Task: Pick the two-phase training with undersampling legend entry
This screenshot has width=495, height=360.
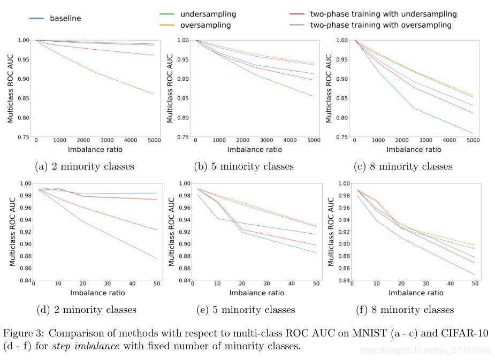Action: tap(383, 14)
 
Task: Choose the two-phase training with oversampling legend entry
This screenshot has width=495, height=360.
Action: tap(380, 25)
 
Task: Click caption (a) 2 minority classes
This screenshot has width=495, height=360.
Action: tap(84, 166)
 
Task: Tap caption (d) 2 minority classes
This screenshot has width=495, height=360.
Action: tap(86, 310)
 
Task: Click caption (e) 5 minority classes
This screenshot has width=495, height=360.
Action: tap(245, 310)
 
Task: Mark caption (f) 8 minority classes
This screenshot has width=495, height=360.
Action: tap(405, 310)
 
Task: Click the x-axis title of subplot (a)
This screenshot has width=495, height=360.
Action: tap(95, 150)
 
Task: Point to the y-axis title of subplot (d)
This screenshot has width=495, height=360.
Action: tap(12, 232)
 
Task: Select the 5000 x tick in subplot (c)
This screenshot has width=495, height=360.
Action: tap(473, 141)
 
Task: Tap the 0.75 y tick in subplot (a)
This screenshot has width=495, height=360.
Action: tap(24, 137)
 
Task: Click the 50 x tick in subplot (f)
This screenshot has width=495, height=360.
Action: tap(474, 285)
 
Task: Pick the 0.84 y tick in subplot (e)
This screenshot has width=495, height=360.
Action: tap(183, 281)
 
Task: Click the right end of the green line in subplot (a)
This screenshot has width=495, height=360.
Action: tap(154, 94)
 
